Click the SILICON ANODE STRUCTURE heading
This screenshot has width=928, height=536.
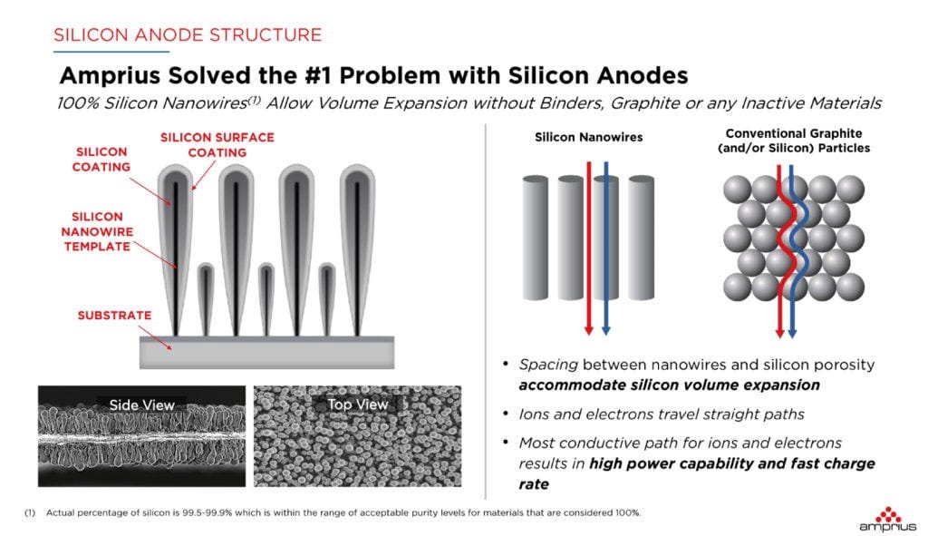tap(188, 35)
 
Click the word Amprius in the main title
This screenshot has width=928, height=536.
tap(110, 76)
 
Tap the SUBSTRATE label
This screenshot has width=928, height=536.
tap(114, 315)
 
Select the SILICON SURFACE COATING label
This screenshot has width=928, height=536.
tap(217, 145)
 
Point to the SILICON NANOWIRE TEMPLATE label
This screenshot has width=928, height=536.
tap(97, 231)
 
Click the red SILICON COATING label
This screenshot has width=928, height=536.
tap(101, 160)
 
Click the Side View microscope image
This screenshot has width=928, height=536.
tap(141, 436)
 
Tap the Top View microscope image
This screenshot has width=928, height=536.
tap(357, 436)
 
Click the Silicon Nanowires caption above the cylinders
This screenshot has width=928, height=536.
tap(588, 138)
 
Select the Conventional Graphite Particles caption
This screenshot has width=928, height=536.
tap(794, 141)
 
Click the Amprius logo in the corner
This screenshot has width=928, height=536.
tap(887, 520)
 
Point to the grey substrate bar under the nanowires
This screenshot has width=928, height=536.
tap(267, 353)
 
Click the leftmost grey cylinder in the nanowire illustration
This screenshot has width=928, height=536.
tap(535, 237)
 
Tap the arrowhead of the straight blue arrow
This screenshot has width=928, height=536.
tap(605, 329)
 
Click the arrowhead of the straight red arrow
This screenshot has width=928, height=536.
tap(588, 329)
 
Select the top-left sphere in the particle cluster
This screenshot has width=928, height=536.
tap(738, 190)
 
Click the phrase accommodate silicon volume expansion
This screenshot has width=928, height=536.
tap(670, 385)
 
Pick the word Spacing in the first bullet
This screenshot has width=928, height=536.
tap(548, 365)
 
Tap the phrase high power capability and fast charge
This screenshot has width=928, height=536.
tap(732, 463)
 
